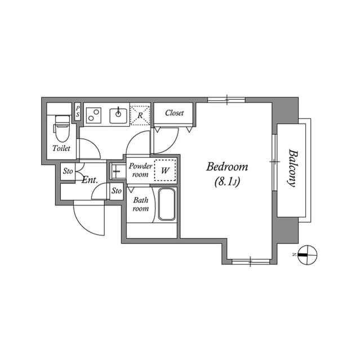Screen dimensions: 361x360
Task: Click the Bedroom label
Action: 227,167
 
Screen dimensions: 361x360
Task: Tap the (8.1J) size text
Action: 227,182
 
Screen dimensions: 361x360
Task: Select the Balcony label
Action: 292,168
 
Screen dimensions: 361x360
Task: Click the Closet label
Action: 174,113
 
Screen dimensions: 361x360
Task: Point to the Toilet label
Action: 61,148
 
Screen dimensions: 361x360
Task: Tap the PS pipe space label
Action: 78,111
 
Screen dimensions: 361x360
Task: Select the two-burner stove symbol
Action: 94,115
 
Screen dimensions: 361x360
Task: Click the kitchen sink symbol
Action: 118,115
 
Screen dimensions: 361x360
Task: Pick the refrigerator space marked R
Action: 140,115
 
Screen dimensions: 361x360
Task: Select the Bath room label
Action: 140,204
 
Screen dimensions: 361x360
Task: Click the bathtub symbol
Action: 166,205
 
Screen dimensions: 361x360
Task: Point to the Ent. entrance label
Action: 90,180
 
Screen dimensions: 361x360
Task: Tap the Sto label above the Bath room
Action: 116,191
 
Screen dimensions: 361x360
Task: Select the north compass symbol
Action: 307,254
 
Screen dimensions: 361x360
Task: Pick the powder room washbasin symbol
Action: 117,170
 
